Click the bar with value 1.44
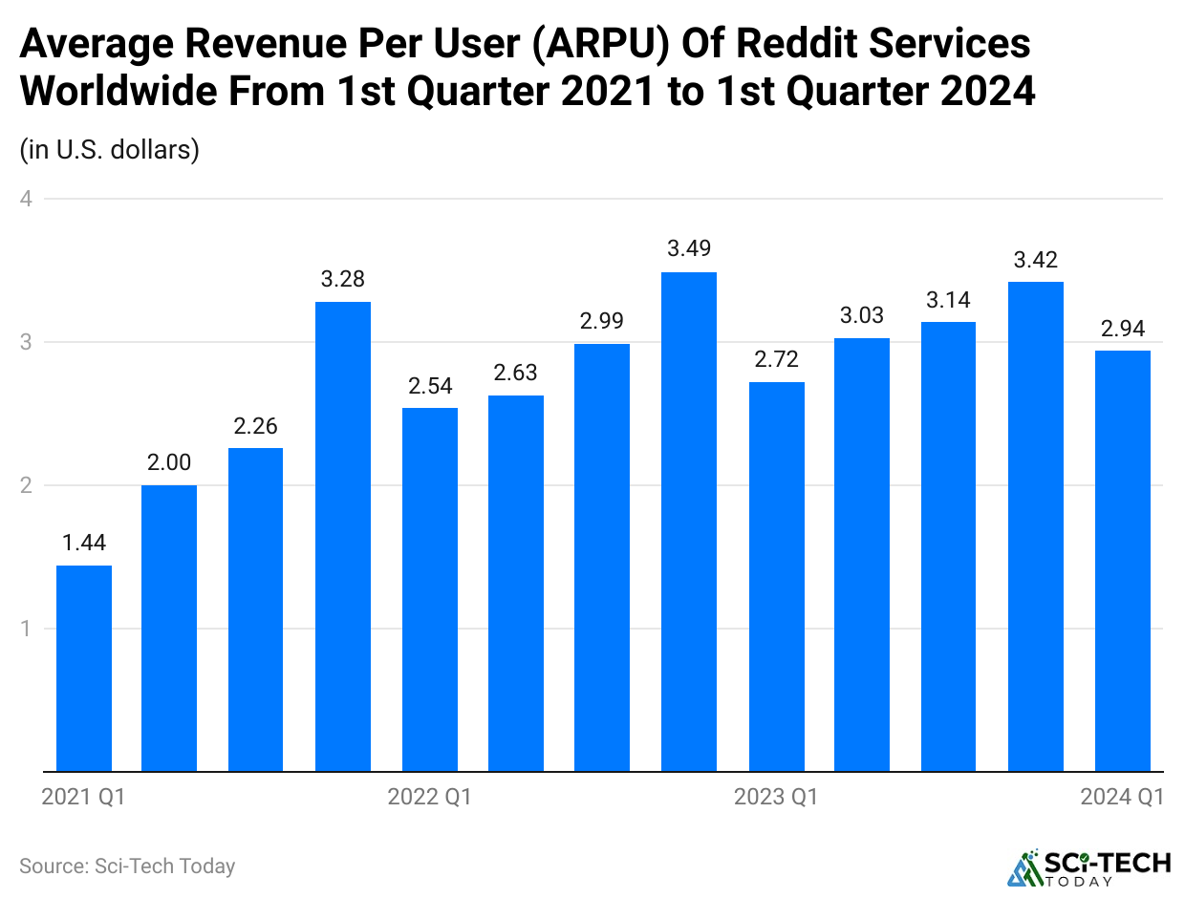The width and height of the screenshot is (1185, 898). [x=84, y=668]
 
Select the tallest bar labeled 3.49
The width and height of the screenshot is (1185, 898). [x=689, y=522]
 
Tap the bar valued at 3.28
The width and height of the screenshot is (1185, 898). [x=343, y=536]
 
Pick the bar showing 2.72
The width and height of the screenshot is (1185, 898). [x=776, y=576]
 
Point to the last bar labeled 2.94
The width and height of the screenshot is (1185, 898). [x=1122, y=561]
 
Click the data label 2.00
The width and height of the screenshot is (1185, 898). [x=169, y=462]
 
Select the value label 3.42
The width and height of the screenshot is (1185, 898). [x=1036, y=259]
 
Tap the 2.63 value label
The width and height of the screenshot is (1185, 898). [x=516, y=373]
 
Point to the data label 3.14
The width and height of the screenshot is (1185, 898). [x=949, y=300]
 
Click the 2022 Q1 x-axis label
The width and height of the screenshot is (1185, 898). [x=429, y=797]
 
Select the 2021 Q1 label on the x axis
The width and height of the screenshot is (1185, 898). [x=83, y=797]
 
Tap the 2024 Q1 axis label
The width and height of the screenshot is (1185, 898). [x=1122, y=797]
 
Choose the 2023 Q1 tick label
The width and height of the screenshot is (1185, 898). [x=776, y=797]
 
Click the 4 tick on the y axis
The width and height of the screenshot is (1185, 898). [x=27, y=199]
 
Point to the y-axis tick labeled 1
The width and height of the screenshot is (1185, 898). [x=27, y=629]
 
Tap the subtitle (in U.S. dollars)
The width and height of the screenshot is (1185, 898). [x=109, y=150]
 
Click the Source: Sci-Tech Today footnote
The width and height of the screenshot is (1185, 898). [x=127, y=866]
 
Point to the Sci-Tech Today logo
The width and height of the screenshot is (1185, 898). [x=1089, y=866]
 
